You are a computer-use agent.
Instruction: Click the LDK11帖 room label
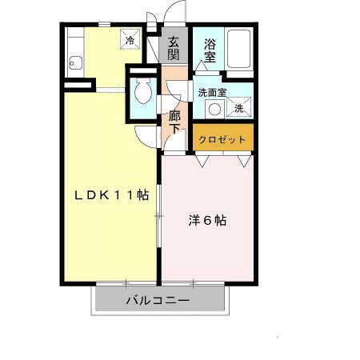(x=111, y=195)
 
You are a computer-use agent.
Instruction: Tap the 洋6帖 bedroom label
(x=207, y=221)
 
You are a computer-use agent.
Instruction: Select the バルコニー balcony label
(x=158, y=301)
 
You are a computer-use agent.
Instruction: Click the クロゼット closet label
(x=222, y=139)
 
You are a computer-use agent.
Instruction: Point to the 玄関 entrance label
(x=174, y=48)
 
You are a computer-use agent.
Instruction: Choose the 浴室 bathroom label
(x=210, y=50)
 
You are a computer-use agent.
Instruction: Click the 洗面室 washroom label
(x=212, y=93)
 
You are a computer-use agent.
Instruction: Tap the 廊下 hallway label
(x=174, y=122)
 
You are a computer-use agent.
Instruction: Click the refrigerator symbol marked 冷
(x=130, y=39)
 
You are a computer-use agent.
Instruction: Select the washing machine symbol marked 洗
(x=239, y=107)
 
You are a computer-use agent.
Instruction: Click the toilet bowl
(x=143, y=91)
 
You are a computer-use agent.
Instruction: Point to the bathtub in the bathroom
(x=238, y=49)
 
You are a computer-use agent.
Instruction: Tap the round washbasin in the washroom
(x=214, y=110)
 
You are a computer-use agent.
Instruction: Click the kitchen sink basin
(x=76, y=63)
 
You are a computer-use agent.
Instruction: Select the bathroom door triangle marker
(x=201, y=66)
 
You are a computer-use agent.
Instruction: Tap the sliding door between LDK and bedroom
(x=159, y=215)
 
